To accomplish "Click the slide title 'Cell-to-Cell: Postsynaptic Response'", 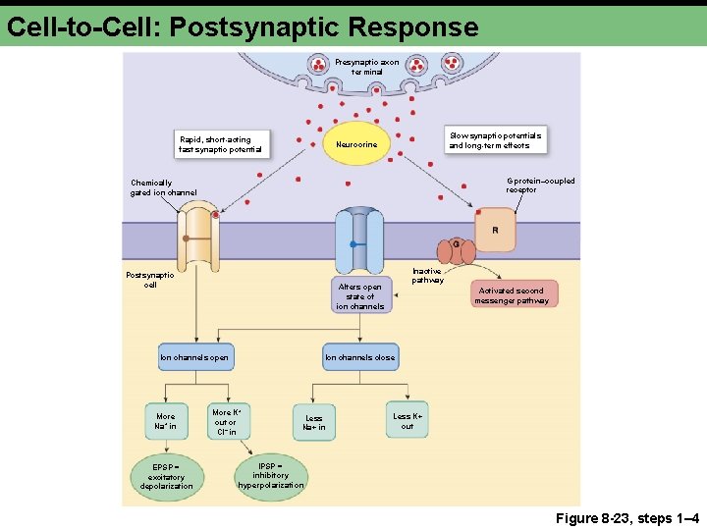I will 242,26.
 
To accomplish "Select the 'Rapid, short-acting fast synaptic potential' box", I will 220,144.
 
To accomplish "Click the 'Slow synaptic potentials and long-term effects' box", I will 495,139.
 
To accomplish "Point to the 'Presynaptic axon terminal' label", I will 366,67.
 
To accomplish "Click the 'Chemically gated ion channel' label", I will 163,187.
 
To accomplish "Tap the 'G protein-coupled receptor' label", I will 540,185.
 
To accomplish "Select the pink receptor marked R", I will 494,230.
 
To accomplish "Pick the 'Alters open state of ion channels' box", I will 359,295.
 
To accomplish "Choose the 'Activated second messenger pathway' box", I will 512,295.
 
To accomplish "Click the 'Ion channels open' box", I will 194,357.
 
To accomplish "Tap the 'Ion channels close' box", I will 359,357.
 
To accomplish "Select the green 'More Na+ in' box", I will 166,421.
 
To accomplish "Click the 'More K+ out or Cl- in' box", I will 225,422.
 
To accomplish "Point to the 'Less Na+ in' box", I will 313,423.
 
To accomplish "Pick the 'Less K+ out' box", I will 408,421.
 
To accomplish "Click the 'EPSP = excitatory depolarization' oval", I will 166,476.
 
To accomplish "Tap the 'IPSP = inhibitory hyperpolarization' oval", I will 271,475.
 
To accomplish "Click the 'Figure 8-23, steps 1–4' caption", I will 633,517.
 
